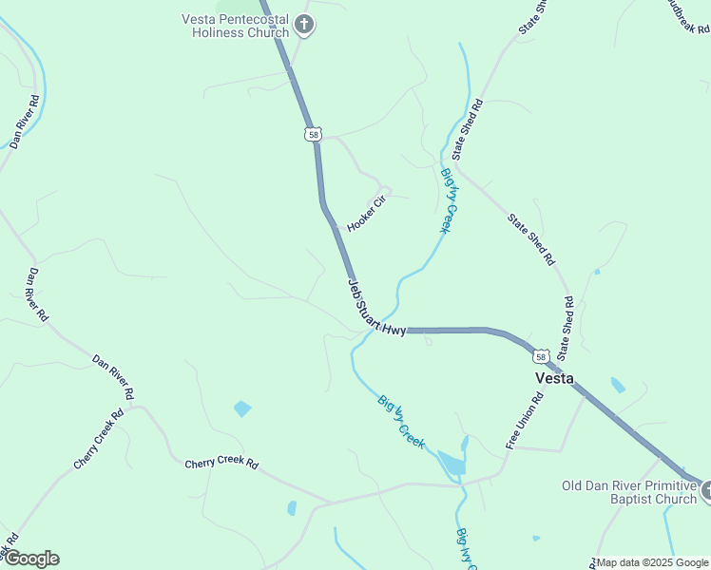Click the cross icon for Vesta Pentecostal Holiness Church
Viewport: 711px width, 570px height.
click(303, 25)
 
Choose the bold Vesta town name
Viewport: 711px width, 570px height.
click(554, 377)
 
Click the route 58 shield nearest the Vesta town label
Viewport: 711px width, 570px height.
click(540, 356)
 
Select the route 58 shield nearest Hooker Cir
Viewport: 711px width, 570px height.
click(314, 135)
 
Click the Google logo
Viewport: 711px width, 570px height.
click(30, 559)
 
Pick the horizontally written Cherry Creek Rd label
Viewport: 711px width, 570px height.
click(221, 464)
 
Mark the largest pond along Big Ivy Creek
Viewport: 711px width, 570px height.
click(451, 464)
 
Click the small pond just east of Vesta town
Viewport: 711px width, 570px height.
click(618, 385)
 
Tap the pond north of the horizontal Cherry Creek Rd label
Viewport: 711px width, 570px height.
click(242, 408)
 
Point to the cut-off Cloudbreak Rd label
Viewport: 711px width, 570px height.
click(686, 16)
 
